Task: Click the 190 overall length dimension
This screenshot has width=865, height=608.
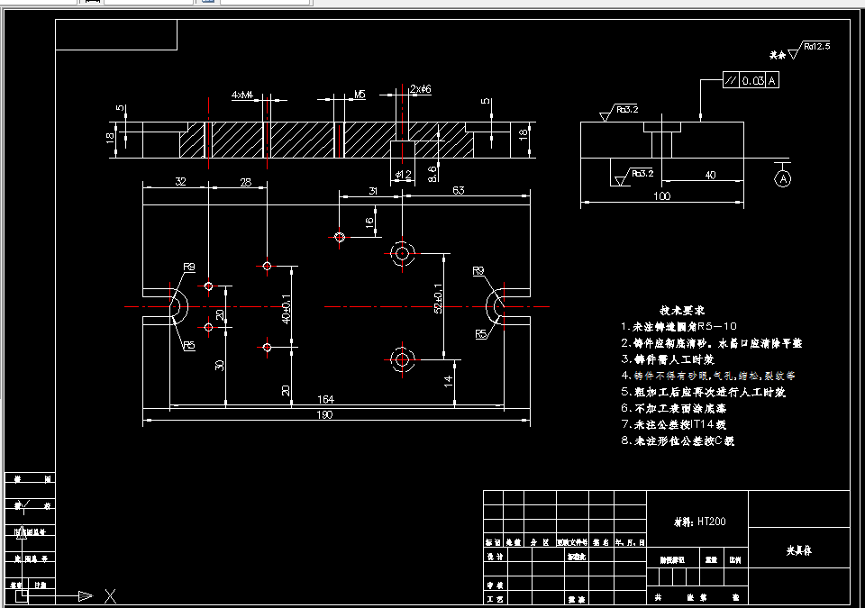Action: pyautogui.click(x=324, y=414)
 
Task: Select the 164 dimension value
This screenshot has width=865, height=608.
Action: pyautogui.click(x=324, y=399)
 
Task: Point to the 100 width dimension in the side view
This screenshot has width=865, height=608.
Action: pyautogui.click(x=662, y=195)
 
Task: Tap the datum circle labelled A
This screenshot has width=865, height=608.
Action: pyautogui.click(x=782, y=178)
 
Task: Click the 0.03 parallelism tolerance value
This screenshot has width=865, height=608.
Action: pyautogui.click(x=752, y=81)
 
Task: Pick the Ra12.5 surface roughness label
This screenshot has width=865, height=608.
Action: pyautogui.click(x=816, y=44)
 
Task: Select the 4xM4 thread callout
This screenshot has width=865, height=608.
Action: pyautogui.click(x=241, y=94)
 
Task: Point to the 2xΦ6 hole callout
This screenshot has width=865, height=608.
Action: pyautogui.click(x=421, y=89)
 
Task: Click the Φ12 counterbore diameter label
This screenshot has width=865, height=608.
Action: pyautogui.click(x=403, y=174)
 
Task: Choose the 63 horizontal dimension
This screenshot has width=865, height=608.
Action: pyautogui.click(x=459, y=189)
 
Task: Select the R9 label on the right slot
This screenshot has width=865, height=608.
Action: pyautogui.click(x=478, y=271)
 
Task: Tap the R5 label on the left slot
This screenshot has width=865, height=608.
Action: pyautogui.click(x=189, y=346)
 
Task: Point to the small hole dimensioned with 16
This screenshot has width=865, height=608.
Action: pyautogui.click(x=340, y=237)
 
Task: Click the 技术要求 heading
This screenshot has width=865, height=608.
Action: pyautogui.click(x=680, y=309)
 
